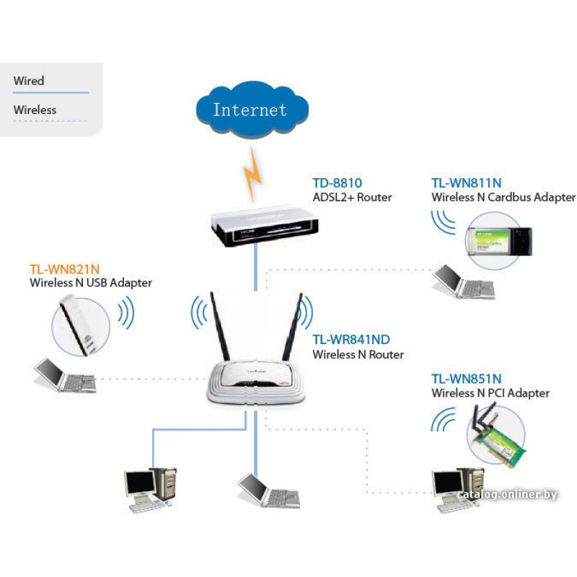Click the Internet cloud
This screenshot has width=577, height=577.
250,110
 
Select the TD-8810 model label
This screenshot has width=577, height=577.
337,182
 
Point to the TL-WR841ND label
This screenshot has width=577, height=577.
351,340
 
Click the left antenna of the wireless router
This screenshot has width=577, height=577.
219,328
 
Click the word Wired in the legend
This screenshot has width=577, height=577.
29,81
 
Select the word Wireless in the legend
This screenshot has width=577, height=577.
35,110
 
